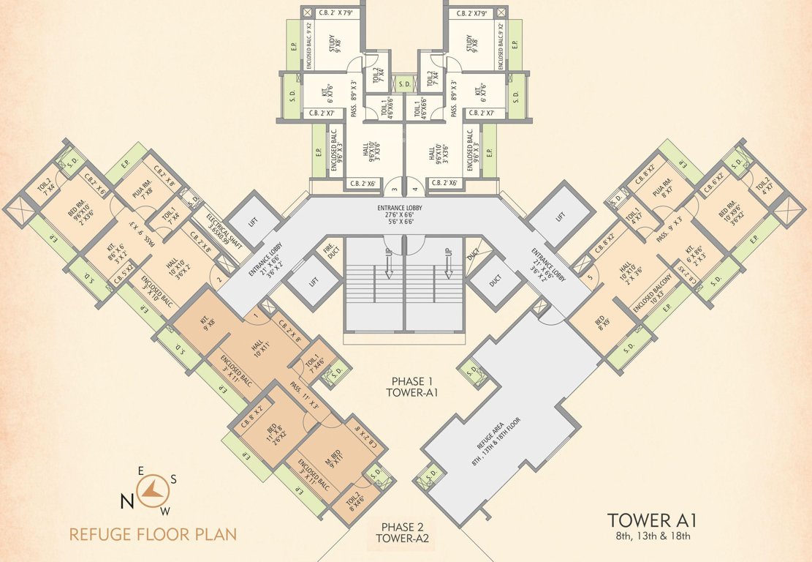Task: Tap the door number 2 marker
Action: (x=219, y=280)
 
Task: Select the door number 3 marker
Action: (x=395, y=189)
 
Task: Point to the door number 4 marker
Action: (x=415, y=189)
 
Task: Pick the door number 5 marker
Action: (x=589, y=278)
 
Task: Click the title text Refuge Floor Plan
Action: (x=153, y=533)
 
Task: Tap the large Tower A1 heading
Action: (x=652, y=521)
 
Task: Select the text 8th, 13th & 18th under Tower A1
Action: (x=652, y=537)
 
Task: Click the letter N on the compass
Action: (x=126, y=501)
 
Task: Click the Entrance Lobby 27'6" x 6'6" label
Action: (x=405, y=214)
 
